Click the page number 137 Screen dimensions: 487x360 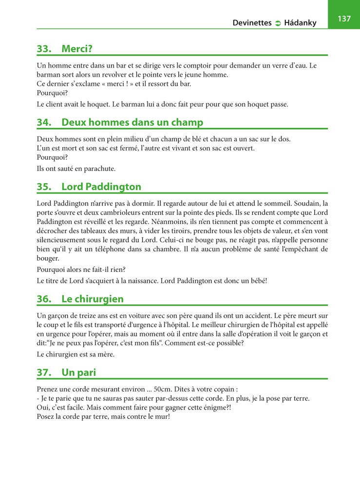[x=344, y=19]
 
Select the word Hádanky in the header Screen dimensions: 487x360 [x=301, y=23]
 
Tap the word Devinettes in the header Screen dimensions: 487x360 [x=252, y=23]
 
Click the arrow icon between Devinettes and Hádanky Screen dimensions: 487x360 [x=278, y=23]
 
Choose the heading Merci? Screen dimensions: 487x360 [x=77, y=49]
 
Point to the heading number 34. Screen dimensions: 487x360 [x=44, y=122]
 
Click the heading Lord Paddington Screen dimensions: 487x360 [x=101, y=187]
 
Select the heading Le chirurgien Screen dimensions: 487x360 [x=93, y=299]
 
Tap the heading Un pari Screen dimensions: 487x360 [x=78, y=373]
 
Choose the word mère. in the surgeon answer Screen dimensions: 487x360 [x=104, y=354]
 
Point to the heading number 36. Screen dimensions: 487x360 [x=44, y=299]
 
